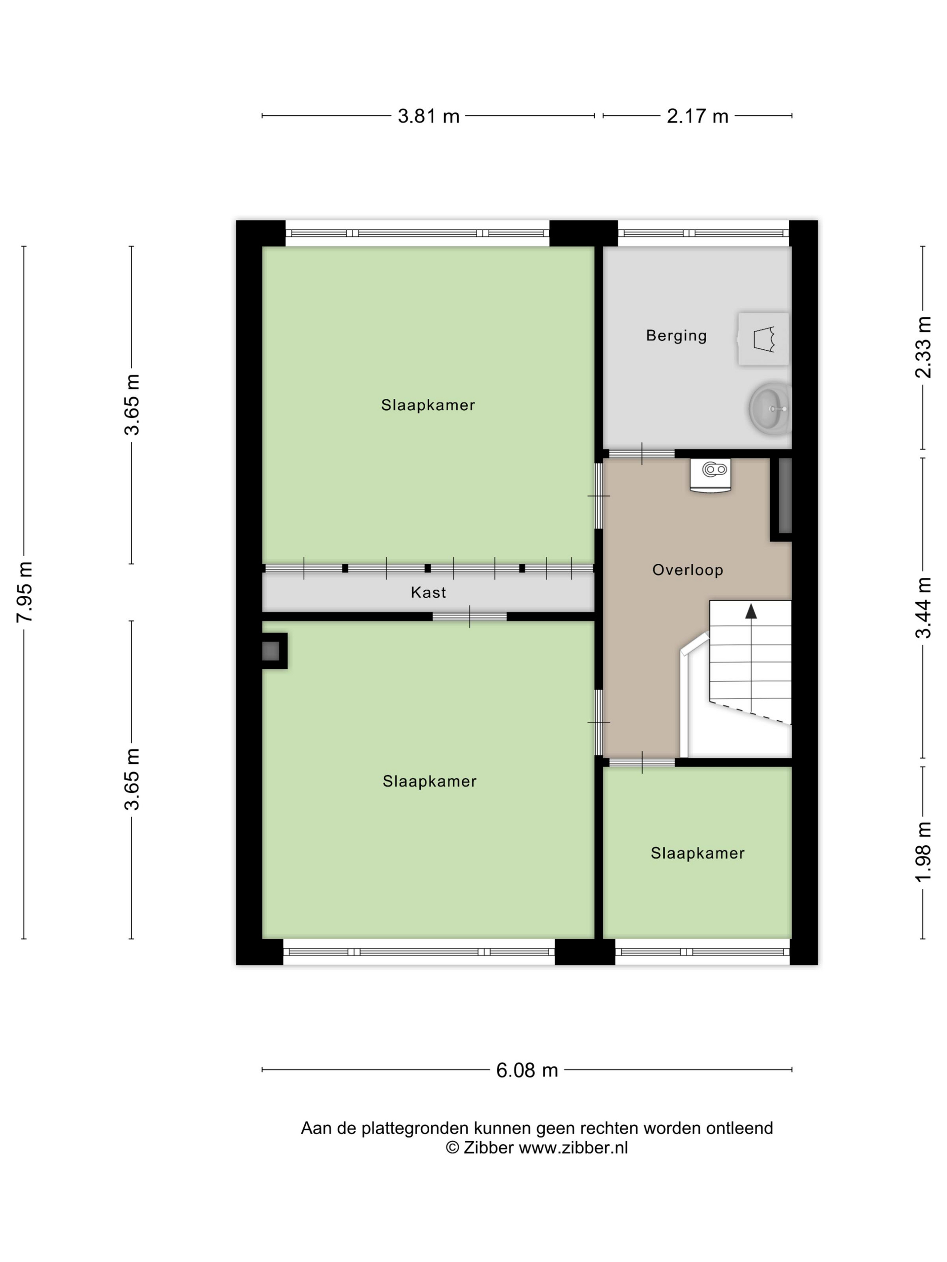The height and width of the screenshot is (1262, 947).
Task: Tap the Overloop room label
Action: point(688,570)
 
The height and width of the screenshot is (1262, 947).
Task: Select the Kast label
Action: point(428,593)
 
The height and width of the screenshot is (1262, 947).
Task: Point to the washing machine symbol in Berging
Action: point(763,339)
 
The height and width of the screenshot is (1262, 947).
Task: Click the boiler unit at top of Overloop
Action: point(710,475)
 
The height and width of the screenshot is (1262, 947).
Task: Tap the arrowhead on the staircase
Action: point(751,612)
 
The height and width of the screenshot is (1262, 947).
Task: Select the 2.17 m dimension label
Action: point(698,116)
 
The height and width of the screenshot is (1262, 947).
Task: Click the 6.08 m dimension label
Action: point(527,1070)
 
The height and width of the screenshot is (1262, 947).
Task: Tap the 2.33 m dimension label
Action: point(923,348)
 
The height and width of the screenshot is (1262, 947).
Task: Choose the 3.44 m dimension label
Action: point(923,608)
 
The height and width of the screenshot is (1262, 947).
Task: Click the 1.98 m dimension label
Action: point(923,852)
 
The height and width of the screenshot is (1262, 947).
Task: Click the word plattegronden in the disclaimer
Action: point(416,1129)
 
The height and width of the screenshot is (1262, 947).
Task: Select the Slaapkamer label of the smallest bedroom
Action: point(698,854)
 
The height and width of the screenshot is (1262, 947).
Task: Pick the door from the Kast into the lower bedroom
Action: point(470,617)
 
